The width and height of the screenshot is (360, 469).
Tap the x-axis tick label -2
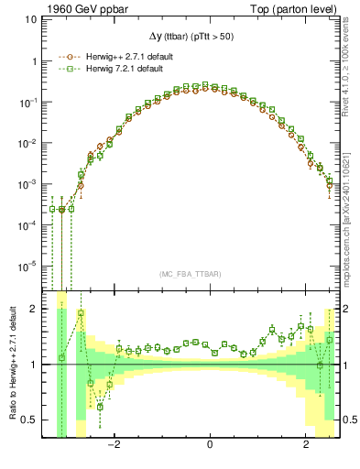pos(114,446)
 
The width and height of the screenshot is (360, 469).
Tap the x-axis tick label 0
pos(210,446)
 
